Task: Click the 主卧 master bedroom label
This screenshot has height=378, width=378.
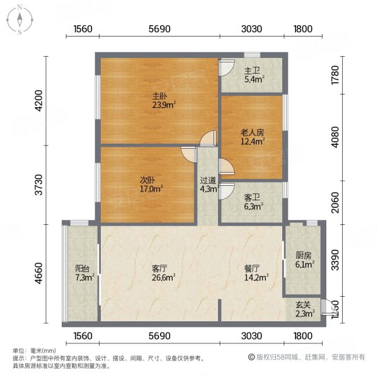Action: pos(159,96)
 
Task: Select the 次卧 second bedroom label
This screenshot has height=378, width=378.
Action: pos(147,178)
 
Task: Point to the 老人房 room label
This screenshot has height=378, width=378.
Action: pos(251,132)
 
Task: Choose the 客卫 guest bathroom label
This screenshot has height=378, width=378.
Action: pos(251,195)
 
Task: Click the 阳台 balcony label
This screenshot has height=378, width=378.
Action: pos(82,268)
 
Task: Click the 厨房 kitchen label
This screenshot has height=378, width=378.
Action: pos(303,256)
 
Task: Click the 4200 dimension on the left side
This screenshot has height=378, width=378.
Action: pos(38,101)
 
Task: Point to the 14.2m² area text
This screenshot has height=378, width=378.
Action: pos(256,277)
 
